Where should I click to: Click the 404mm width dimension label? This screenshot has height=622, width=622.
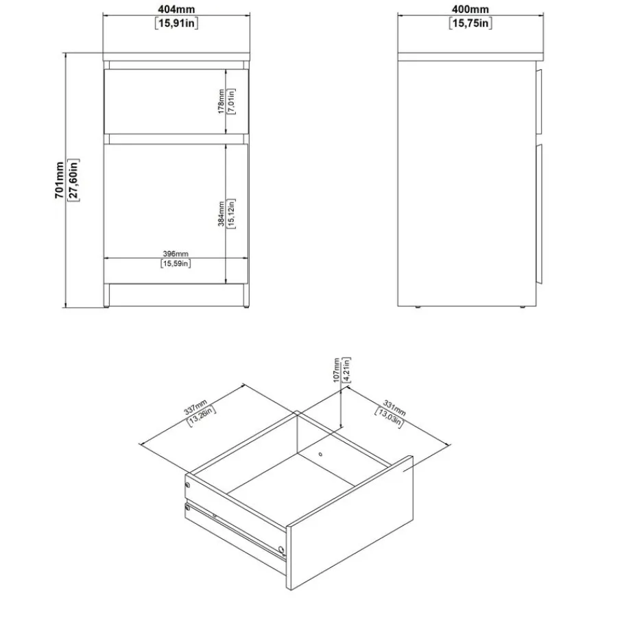coord(177,9)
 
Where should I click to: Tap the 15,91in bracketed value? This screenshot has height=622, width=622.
coord(176,23)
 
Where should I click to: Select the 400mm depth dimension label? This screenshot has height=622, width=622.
coord(470,9)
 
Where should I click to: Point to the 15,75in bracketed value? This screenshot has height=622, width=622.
coord(470,23)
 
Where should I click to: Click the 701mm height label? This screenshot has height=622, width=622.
coord(60,180)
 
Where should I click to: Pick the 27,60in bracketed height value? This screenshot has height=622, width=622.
coord(73,180)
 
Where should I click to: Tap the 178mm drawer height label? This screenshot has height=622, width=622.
coord(222,101)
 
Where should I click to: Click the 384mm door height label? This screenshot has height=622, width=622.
coord(222,213)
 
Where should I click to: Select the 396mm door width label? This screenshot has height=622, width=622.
coord(176,254)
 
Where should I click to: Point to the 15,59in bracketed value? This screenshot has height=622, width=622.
coord(176,263)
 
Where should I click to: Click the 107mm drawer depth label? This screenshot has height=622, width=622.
coord(337,370)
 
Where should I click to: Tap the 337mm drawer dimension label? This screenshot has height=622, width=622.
coord(196,407)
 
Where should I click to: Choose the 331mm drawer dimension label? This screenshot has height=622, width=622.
coord(394,408)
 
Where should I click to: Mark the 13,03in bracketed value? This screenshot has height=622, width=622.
coord(389,418)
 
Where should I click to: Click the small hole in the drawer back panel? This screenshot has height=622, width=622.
coord(320,454)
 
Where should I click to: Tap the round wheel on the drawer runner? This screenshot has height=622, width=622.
coord(281,549)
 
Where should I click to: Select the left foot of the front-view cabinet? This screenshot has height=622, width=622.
coord(106,296)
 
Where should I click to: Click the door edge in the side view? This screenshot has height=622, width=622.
coord(539,214)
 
